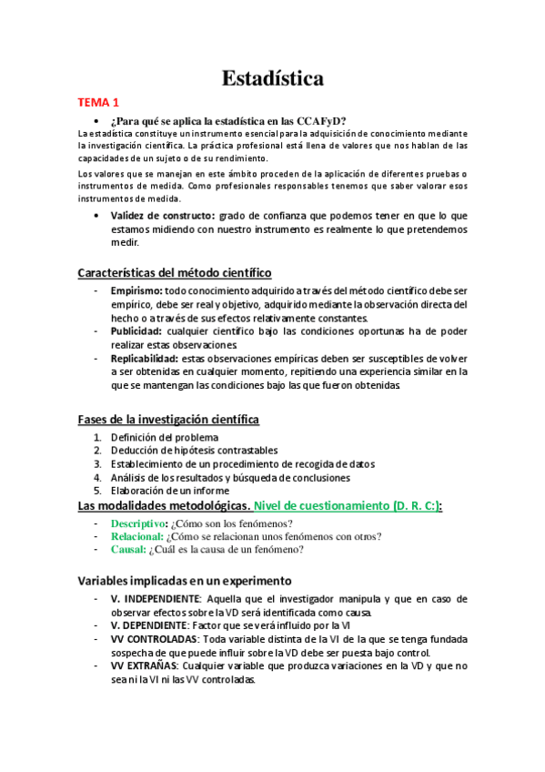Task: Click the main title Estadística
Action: click(273, 79)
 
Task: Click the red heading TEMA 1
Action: click(97, 103)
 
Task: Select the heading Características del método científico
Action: click(174, 272)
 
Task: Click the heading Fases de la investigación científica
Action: click(168, 419)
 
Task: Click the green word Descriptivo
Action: click(139, 523)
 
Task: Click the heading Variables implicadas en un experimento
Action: click(184, 580)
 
